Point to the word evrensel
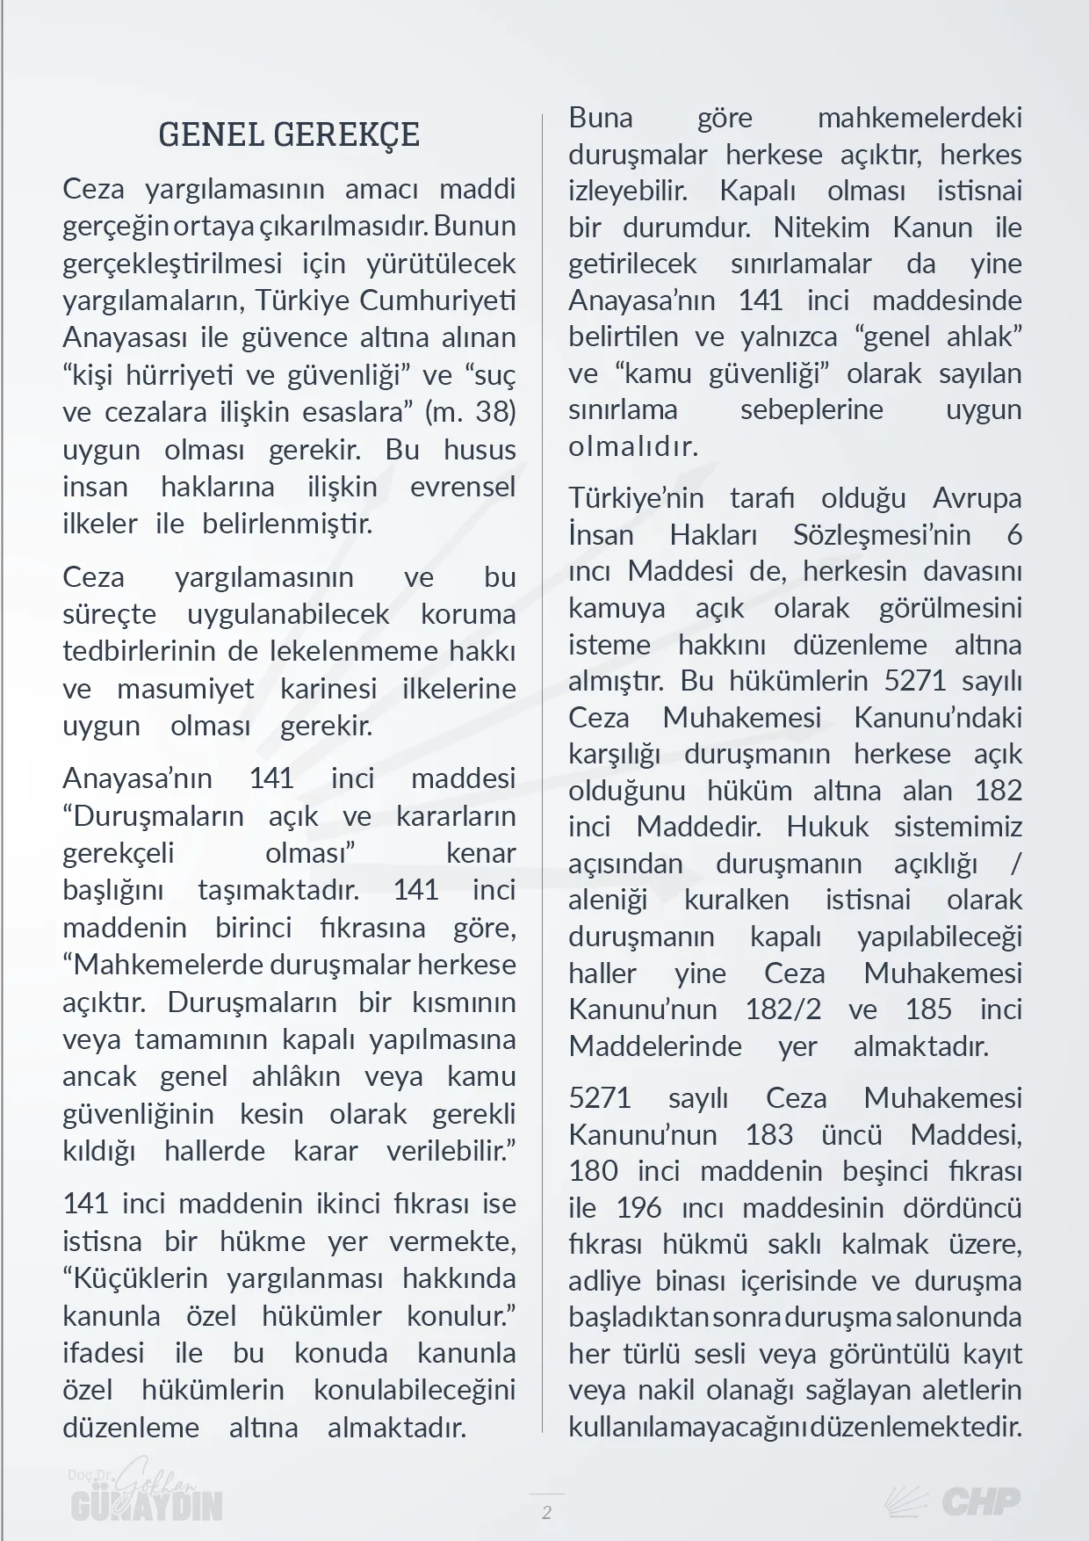pos(463,487)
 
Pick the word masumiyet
pos(185,689)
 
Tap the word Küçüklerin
pos(135,1278)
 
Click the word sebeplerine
pos(811,410)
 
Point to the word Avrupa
pos(977,498)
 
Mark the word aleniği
pos(608,901)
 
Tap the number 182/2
pos(783,1009)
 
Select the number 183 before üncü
pos(768,1134)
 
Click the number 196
pos(638,1208)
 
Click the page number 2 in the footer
pos(547,1513)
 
